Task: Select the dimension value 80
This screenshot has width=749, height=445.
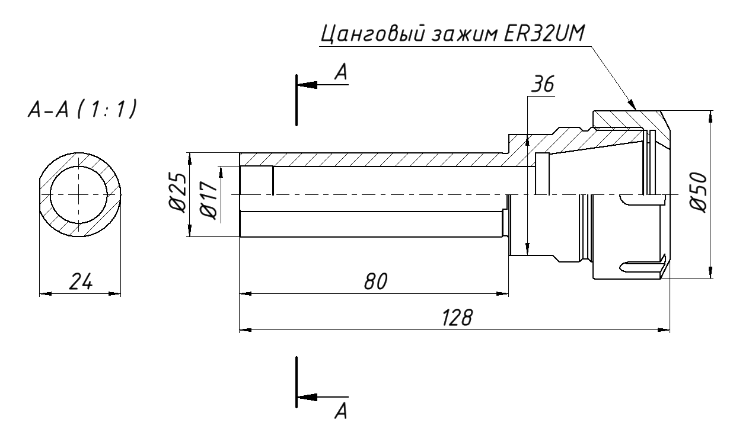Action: tap(375, 281)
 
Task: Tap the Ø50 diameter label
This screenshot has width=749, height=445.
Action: tap(699, 193)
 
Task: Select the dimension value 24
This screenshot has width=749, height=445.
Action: tap(79, 282)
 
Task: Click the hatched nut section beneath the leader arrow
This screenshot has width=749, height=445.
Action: tap(623, 119)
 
